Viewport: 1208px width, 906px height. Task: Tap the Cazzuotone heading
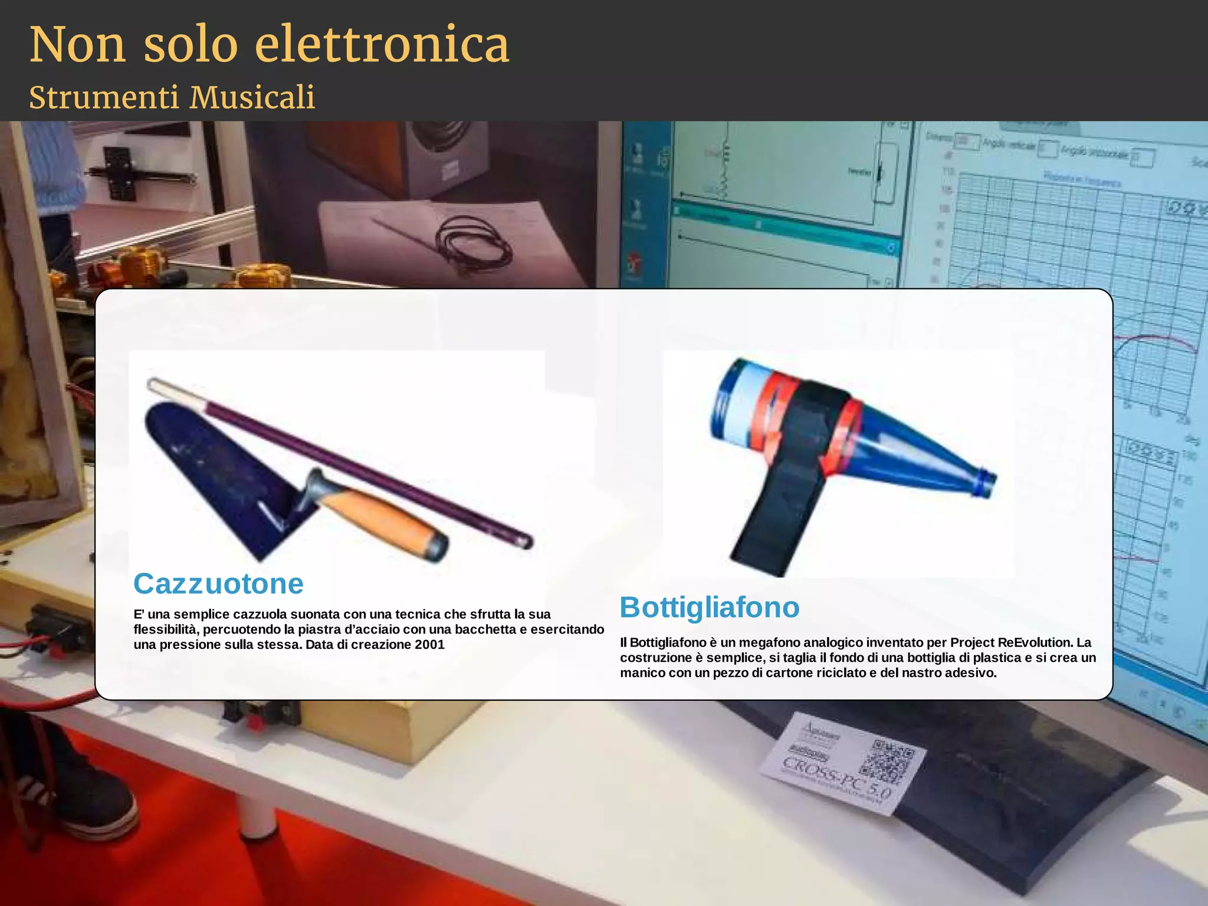218,584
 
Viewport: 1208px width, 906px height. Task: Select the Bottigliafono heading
710,608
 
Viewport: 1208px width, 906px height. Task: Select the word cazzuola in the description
260,614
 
